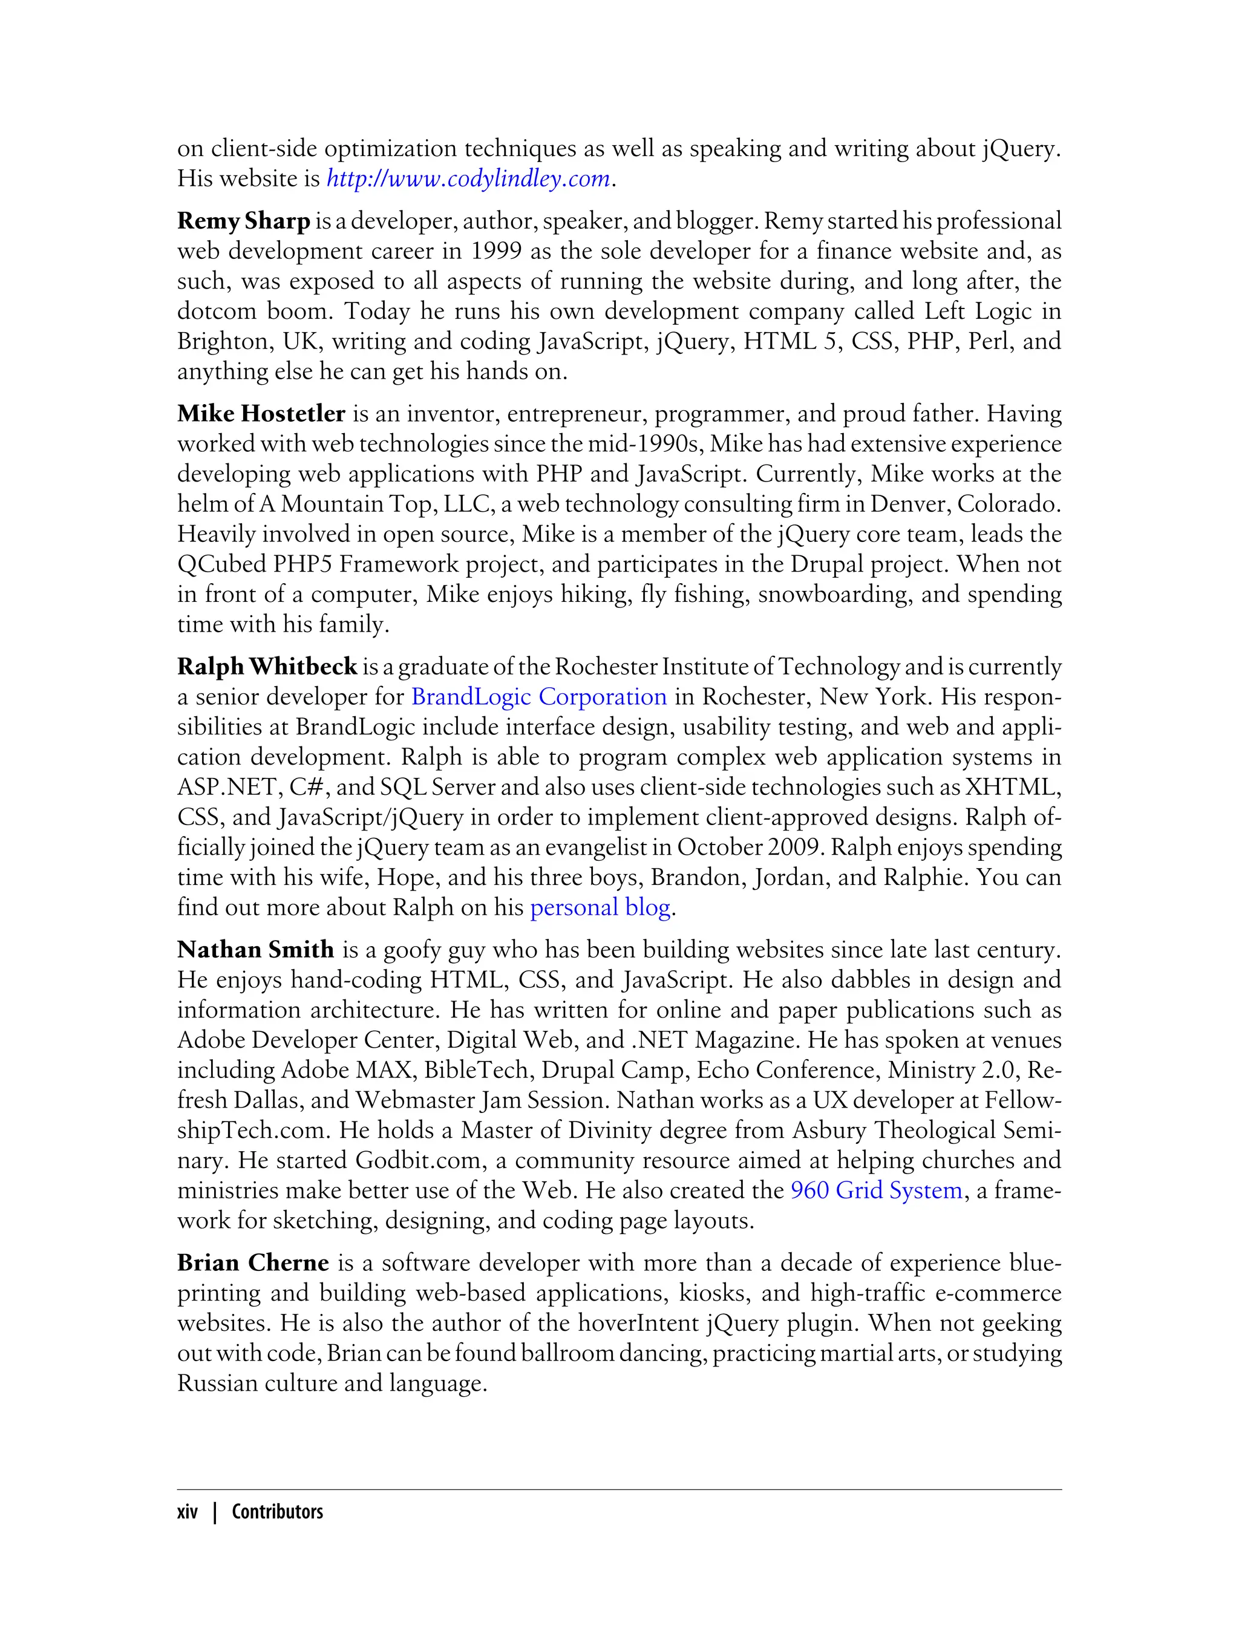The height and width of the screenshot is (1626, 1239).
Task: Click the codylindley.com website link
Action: (x=468, y=179)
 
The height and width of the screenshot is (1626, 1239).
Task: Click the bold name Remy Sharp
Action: (x=243, y=221)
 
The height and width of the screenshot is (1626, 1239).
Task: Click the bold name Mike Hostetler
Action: (x=261, y=414)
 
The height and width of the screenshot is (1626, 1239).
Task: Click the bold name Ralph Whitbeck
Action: (x=267, y=667)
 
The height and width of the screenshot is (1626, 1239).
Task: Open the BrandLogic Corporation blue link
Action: (x=538, y=697)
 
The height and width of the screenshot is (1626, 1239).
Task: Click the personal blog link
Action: (x=600, y=908)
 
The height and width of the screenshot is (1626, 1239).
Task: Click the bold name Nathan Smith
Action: (x=255, y=950)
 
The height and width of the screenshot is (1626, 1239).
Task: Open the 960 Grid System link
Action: (x=876, y=1191)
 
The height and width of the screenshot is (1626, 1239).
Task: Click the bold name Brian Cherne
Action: (x=252, y=1263)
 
